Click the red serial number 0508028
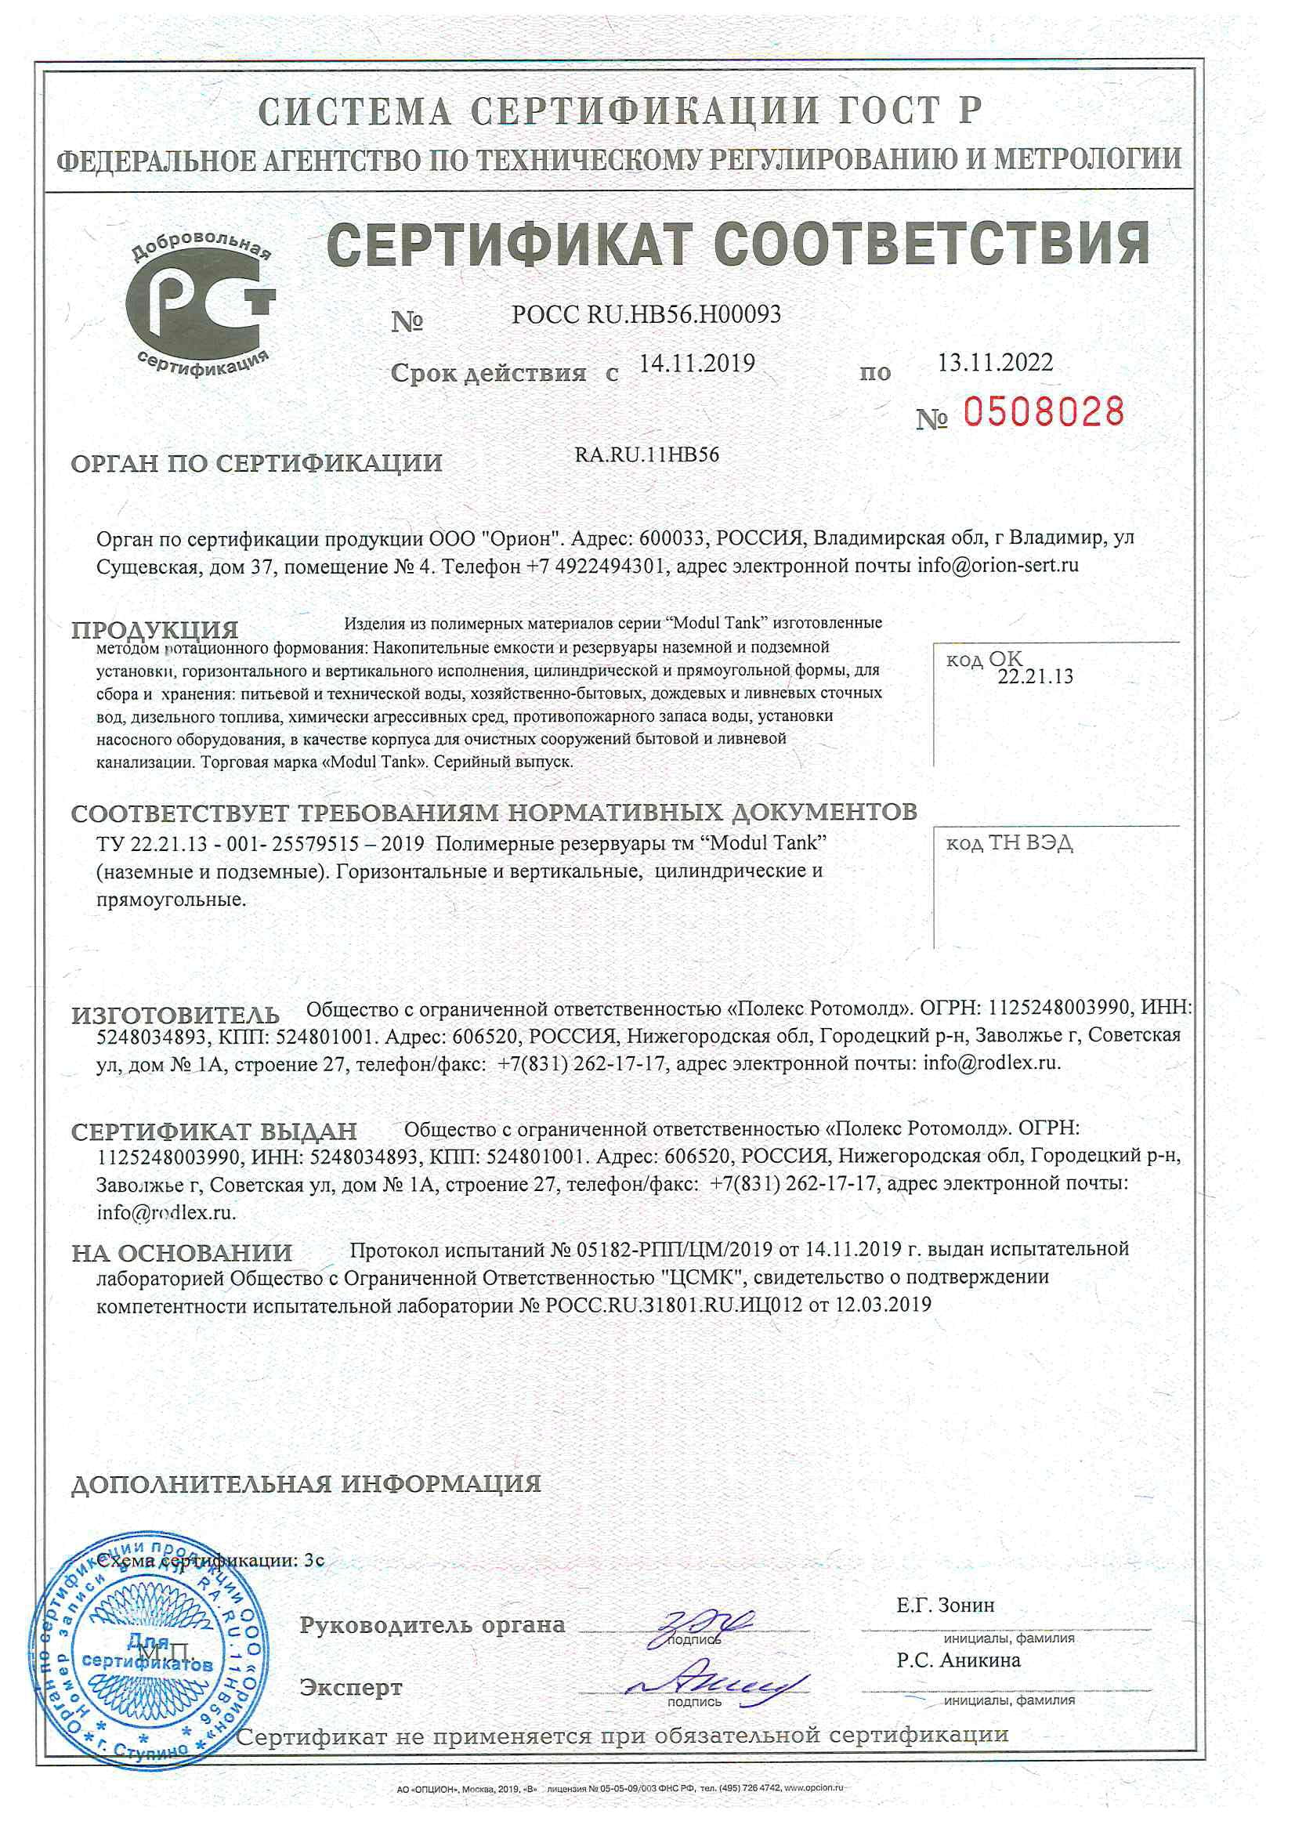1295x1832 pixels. pyautogui.click(x=1043, y=413)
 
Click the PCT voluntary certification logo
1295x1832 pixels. pyautogui.click(x=201, y=306)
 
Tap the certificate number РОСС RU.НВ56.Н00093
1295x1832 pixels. pyautogui.click(x=646, y=315)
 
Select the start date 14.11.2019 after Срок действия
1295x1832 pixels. pyautogui.click(x=697, y=364)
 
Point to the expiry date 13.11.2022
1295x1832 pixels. pyautogui.click(x=994, y=363)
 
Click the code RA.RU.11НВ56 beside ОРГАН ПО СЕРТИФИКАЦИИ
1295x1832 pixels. pyautogui.click(x=647, y=455)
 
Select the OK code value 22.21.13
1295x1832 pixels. pyautogui.click(x=1035, y=678)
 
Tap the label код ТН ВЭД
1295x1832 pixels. pyautogui.click(x=1008, y=843)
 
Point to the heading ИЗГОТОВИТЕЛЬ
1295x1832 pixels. pyautogui.click(x=175, y=1016)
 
